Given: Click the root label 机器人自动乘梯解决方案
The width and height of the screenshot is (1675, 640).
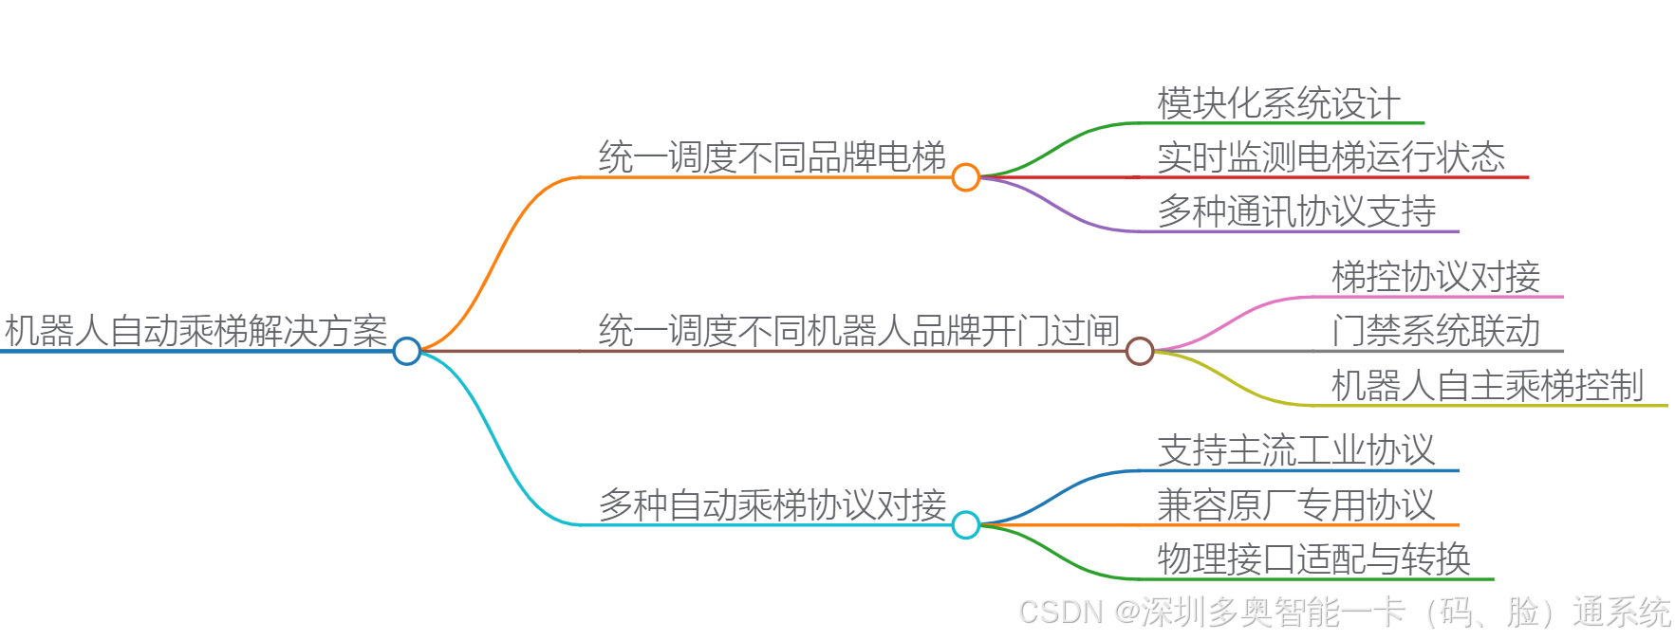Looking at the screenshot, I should click(196, 331).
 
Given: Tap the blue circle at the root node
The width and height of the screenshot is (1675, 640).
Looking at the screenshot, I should click(407, 351).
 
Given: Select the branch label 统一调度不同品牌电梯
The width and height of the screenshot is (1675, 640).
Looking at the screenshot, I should click(772, 157).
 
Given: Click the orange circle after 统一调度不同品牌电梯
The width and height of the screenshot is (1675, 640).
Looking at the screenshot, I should click(965, 177).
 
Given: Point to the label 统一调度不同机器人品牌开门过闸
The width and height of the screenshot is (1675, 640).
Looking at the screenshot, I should click(859, 331).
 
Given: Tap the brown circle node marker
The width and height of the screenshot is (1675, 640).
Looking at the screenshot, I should click(1139, 351).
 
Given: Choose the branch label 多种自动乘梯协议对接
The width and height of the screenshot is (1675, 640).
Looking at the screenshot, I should click(772, 504).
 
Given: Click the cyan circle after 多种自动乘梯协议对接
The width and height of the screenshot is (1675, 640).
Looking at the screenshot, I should click(965, 524).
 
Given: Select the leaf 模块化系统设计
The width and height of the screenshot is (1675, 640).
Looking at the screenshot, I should click(1278, 103).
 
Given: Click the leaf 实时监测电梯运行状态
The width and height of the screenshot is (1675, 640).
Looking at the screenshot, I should click(1331, 157).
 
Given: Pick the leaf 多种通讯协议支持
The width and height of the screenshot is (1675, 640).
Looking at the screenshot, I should click(1296, 211).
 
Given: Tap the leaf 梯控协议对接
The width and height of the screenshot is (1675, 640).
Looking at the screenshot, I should click(1436, 277).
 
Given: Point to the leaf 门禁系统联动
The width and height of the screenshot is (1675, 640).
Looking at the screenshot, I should click(1436, 331).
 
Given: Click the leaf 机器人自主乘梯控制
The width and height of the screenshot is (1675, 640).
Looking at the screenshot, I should click(1487, 386).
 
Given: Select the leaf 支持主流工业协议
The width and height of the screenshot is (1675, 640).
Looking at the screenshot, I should click(1296, 450).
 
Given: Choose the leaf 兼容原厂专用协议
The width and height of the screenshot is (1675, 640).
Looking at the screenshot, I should click(1296, 504).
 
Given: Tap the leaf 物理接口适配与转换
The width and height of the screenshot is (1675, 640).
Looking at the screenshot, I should click(1313, 559).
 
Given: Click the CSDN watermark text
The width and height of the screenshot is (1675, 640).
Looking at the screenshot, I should click(1344, 613).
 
